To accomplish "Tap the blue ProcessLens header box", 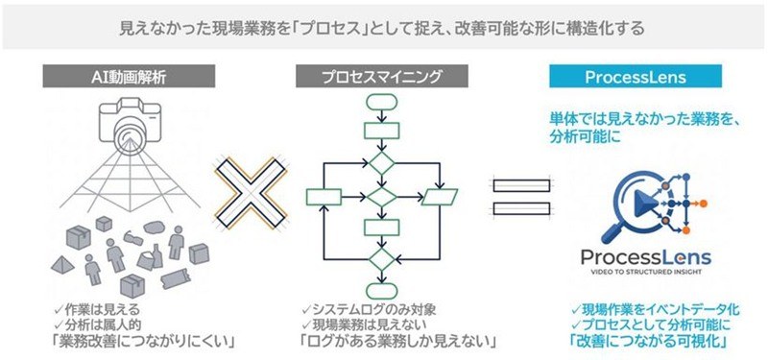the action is pyautogui.click(x=636, y=77).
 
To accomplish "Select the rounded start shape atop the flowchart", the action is pyautogui.click(x=381, y=103).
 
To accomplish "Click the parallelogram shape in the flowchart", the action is pyautogui.click(x=439, y=197).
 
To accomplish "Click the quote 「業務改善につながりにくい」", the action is pyautogui.click(x=143, y=341).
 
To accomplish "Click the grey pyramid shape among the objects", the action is pyautogui.click(x=62, y=265).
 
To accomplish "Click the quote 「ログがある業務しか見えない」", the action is pyautogui.click(x=397, y=341).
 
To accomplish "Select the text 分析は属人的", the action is pyautogui.click(x=104, y=324).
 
